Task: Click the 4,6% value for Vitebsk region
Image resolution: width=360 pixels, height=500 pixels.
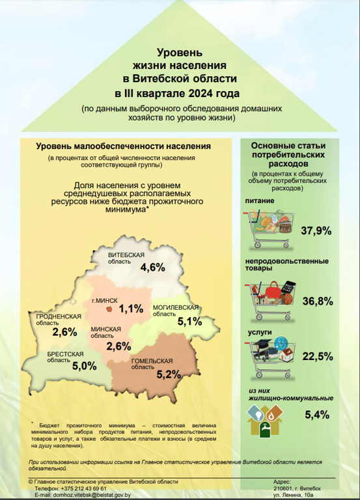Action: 152,268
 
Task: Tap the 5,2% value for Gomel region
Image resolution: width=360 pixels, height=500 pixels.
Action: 169,374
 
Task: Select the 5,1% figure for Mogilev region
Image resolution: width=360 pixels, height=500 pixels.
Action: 190,321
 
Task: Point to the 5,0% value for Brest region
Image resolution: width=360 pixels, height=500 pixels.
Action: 85,366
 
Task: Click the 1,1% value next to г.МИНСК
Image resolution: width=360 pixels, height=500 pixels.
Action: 132,309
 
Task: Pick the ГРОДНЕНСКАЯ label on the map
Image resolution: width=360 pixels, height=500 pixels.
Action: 59,316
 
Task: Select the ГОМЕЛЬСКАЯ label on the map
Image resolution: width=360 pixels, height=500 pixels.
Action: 152,361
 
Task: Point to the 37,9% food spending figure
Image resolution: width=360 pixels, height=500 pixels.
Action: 317,231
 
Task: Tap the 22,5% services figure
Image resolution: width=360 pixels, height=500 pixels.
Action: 317,356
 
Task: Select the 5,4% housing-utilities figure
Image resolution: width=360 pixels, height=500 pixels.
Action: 316,415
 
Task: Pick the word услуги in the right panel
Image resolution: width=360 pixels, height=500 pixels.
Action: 258,331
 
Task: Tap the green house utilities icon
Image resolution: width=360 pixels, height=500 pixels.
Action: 267,419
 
